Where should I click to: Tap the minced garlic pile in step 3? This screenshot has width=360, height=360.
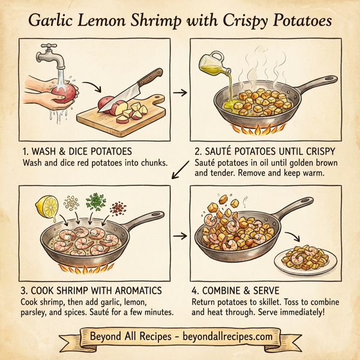point(71,203)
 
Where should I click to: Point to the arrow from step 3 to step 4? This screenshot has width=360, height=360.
point(178,236)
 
